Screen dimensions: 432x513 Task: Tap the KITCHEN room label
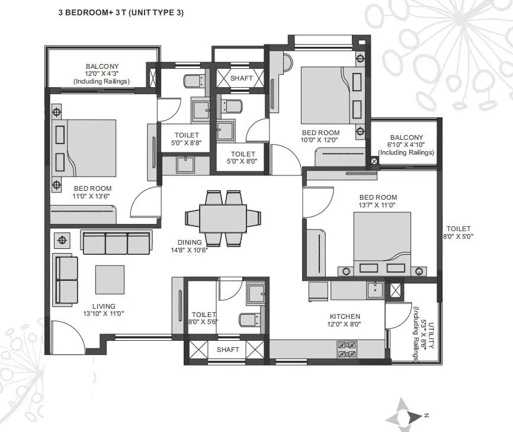click(345, 316)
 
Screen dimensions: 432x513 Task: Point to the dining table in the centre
click(223, 218)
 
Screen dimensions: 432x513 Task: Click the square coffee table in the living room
click(110, 279)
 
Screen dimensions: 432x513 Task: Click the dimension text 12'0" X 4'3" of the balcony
click(101, 74)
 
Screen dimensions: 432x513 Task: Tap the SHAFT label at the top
click(241, 78)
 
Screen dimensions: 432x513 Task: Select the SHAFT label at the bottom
click(227, 350)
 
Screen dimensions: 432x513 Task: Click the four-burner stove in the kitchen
click(347, 349)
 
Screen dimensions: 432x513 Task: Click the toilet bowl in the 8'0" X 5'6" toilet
click(248, 320)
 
